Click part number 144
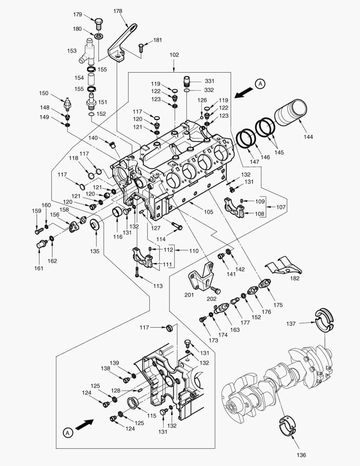pyautogui.click(x=308, y=137)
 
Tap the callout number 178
pyautogui.click(x=118, y=11)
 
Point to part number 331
pyautogui.click(x=209, y=81)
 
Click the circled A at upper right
pyautogui.click(x=260, y=84)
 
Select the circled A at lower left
pyautogui.click(x=67, y=432)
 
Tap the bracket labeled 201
pyautogui.click(x=202, y=277)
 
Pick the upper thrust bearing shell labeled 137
pyautogui.click(x=326, y=320)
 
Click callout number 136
pyautogui.click(x=301, y=455)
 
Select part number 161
pyautogui.click(x=39, y=268)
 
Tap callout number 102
pyautogui.click(x=174, y=55)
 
